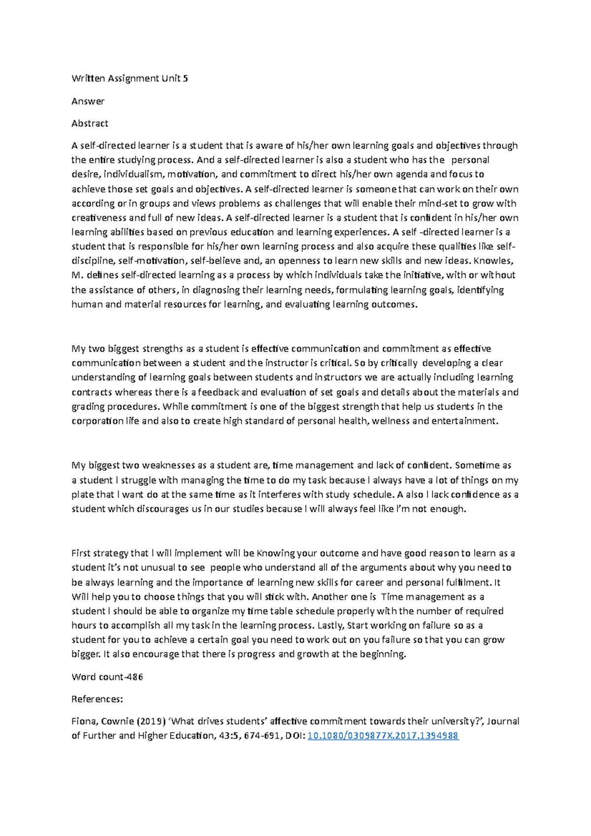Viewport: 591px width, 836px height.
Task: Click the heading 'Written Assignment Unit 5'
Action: pos(130,78)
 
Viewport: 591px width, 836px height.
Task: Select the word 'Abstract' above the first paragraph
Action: pos(90,124)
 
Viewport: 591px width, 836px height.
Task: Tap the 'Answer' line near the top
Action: pos(88,101)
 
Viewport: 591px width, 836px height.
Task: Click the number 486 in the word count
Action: pos(135,677)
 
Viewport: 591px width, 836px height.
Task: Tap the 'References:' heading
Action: pos(97,699)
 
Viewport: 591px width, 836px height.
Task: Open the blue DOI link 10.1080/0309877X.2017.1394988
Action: pos(383,736)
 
